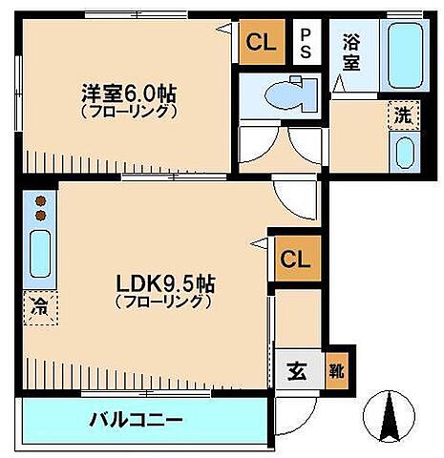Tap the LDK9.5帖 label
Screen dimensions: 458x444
coord(165,283)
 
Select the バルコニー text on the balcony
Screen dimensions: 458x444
coord(137,419)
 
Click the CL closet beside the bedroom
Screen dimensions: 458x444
coord(261,42)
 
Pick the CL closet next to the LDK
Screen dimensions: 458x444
coord(294,259)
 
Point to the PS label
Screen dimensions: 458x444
coord(307,44)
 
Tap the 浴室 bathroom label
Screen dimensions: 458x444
coord(352,53)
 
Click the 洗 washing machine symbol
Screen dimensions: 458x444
coord(402,115)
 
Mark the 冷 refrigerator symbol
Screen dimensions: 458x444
coord(38,308)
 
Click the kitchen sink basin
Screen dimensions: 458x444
coord(40,258)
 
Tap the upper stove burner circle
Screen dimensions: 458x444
coord(40,201)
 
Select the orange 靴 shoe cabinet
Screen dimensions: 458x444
coord(337,370)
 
